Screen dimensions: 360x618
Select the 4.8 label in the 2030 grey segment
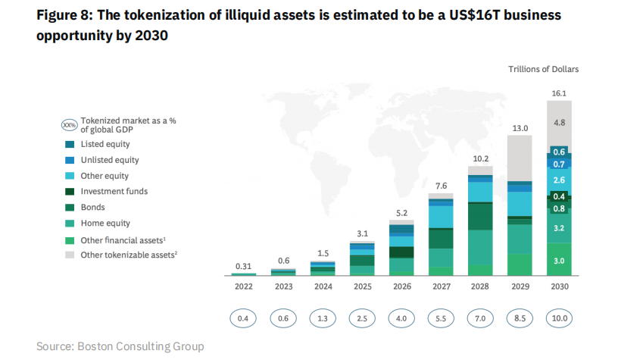coord(560,122)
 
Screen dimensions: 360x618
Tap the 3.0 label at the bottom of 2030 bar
coord(560,260)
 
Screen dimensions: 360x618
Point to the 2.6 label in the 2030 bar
coord(560,180)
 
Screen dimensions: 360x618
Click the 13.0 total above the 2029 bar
coord(520,129)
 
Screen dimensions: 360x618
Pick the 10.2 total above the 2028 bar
coord(481,159)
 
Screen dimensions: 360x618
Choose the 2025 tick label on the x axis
coord(361,287)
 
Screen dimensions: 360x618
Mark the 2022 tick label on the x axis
coord(243,287)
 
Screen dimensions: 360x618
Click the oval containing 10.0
coord(560,318)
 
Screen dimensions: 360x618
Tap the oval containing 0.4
coord(243,318)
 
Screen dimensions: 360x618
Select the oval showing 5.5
coord(441,318)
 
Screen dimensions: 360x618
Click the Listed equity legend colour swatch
coord(70,144)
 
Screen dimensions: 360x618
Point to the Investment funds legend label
coord(114,192)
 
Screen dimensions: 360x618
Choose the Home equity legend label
coord(105,223)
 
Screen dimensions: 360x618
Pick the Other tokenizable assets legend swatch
coord(70,255)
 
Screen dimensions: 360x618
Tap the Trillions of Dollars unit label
coord(543,69)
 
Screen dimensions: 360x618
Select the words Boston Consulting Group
coord(140,346)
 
